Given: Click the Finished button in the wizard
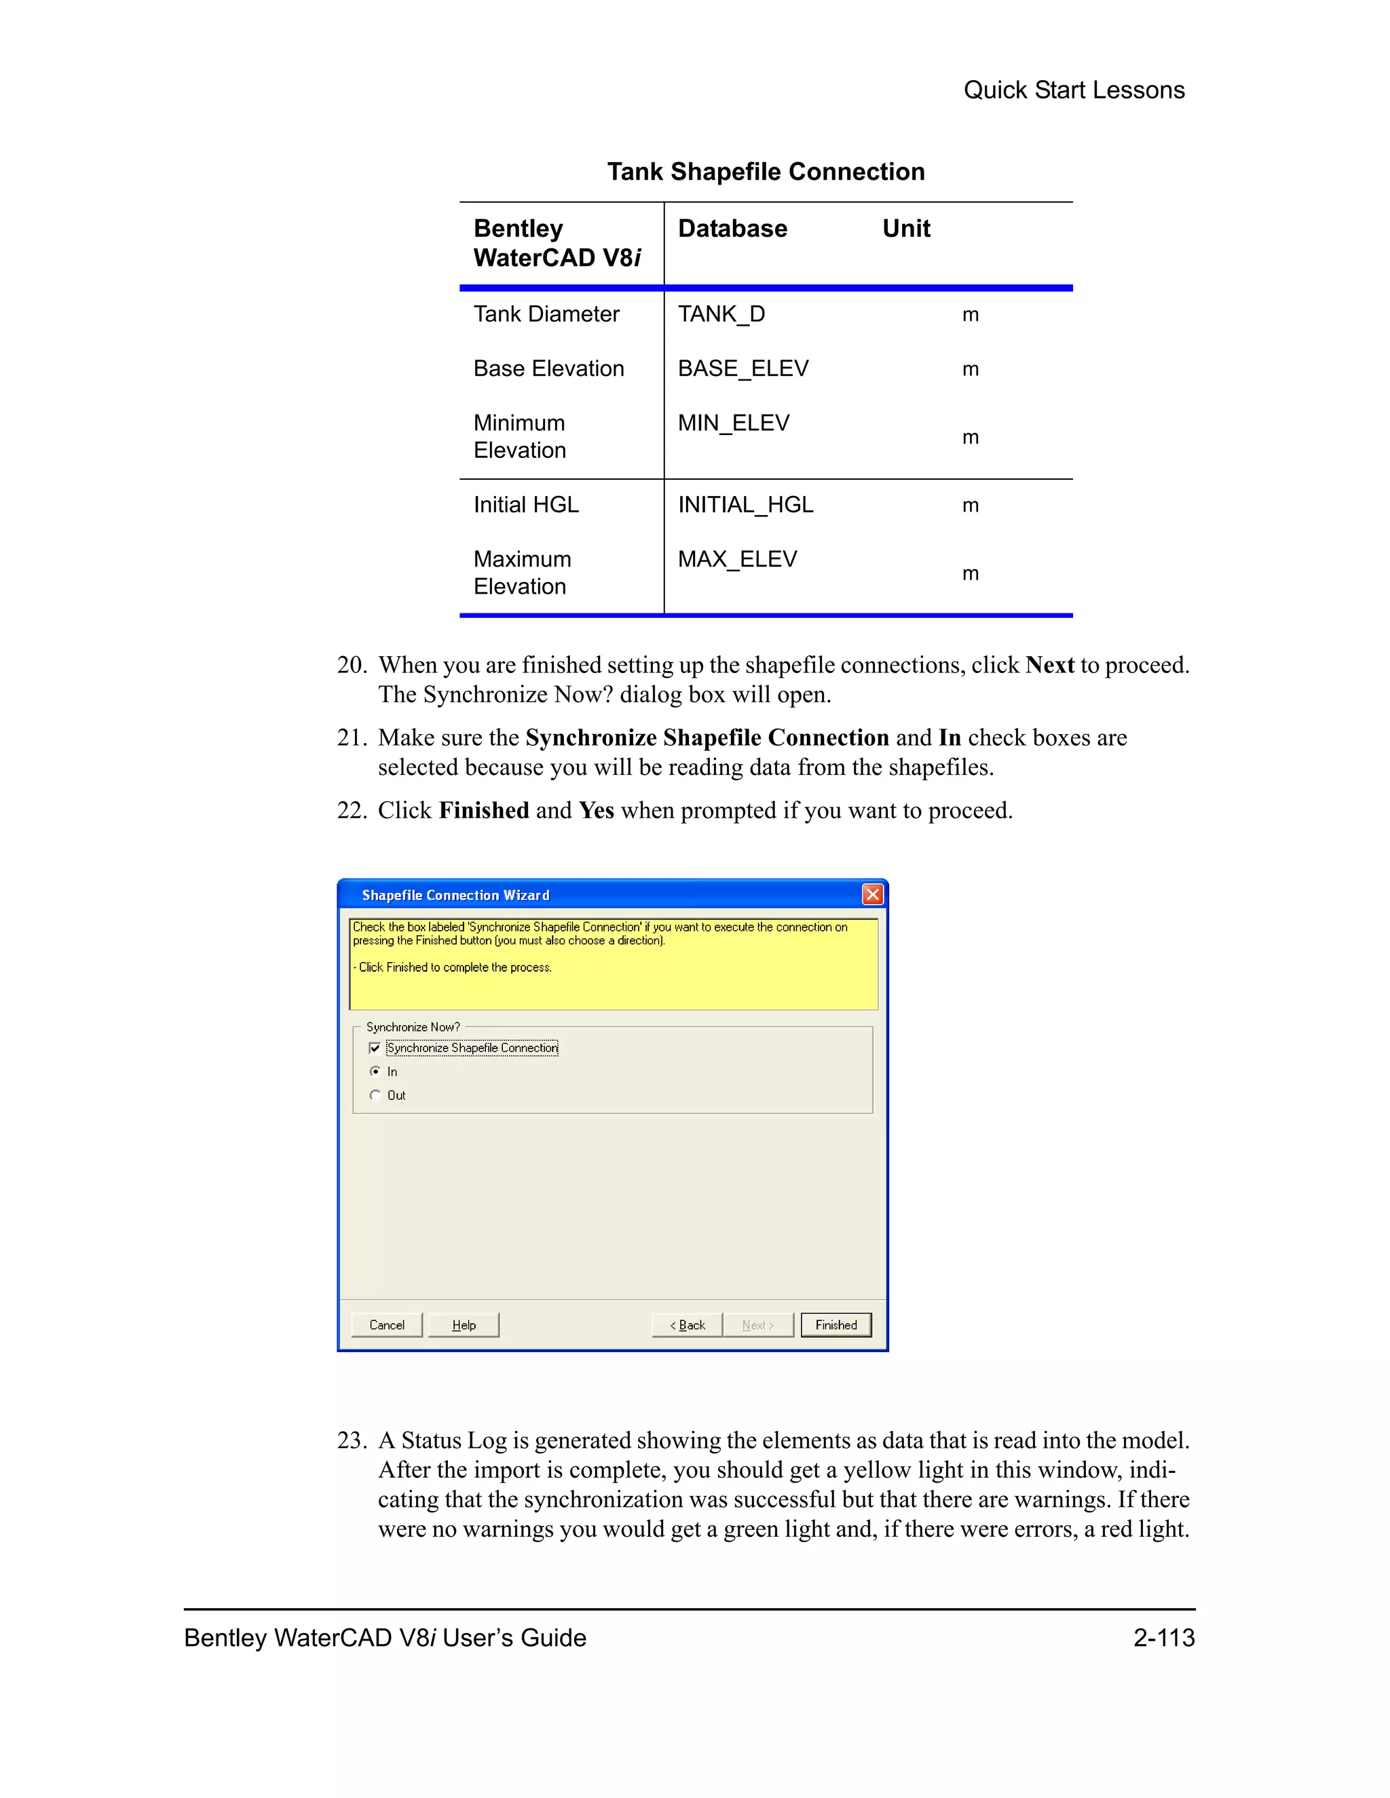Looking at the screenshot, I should pos(835,1324).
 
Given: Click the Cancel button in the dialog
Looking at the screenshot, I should pos(386,1324).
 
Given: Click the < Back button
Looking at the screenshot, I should pos(687,1324).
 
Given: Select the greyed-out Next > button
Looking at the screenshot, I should pos(757,1324).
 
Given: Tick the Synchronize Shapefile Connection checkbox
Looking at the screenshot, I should pos(375,1048).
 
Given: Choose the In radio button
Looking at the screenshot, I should pos(375,1071).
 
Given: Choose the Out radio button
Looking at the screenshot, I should pos(375,1095).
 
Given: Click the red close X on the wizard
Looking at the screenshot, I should pos(872,894).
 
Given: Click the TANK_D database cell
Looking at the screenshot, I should pos(721,313).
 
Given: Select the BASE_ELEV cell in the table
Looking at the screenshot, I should pos(743,368).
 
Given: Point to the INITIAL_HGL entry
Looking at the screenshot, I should pos(745,505).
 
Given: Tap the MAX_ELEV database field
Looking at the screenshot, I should pos(737,559).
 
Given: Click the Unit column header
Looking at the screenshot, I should pos(906,228).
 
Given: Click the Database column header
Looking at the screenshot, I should pos(732,228).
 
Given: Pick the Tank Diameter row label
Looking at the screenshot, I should pos(546,313).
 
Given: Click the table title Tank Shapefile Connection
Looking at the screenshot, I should pos(766,171).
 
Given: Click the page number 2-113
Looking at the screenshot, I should pos(1163,1637).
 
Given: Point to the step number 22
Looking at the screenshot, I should pos(351,810).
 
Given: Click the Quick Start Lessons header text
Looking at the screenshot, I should pos(1074,90).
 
